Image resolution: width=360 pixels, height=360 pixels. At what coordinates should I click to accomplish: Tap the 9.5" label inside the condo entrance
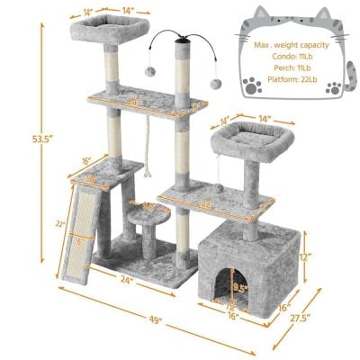point(238,290)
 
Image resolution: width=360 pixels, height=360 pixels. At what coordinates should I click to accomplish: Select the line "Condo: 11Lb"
point(286,56)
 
